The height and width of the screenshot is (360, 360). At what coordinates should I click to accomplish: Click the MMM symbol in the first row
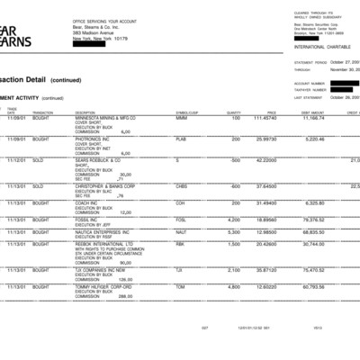coord(182,118)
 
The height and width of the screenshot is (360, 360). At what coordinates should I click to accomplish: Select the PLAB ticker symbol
coord(182,139)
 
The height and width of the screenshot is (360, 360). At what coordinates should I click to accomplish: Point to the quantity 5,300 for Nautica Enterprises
coord(234,231)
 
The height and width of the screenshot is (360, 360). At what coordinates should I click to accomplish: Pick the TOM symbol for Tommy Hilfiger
coord(180,287)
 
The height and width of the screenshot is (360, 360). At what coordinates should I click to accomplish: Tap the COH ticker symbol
coord(181,202)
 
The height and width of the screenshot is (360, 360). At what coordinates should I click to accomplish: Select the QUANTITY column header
coord(234,112)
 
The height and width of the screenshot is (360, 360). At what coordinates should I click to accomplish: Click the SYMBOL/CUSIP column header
coord(186,112)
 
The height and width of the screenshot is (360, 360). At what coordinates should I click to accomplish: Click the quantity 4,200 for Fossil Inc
coord(234,219)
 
